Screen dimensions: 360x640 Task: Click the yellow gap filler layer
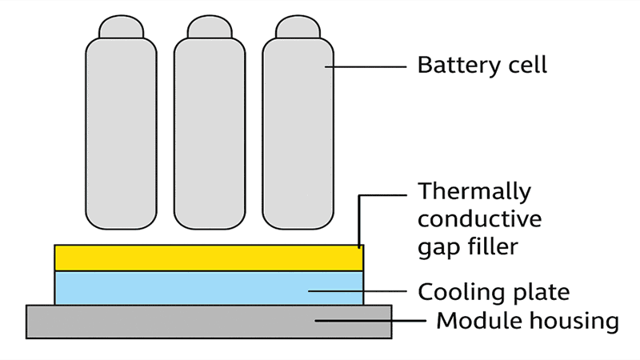pos(209,258)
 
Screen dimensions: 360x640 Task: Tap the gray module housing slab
pos(209,321)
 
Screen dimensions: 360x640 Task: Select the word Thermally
pos(474,192)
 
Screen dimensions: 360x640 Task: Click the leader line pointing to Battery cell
pos(368,67)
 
